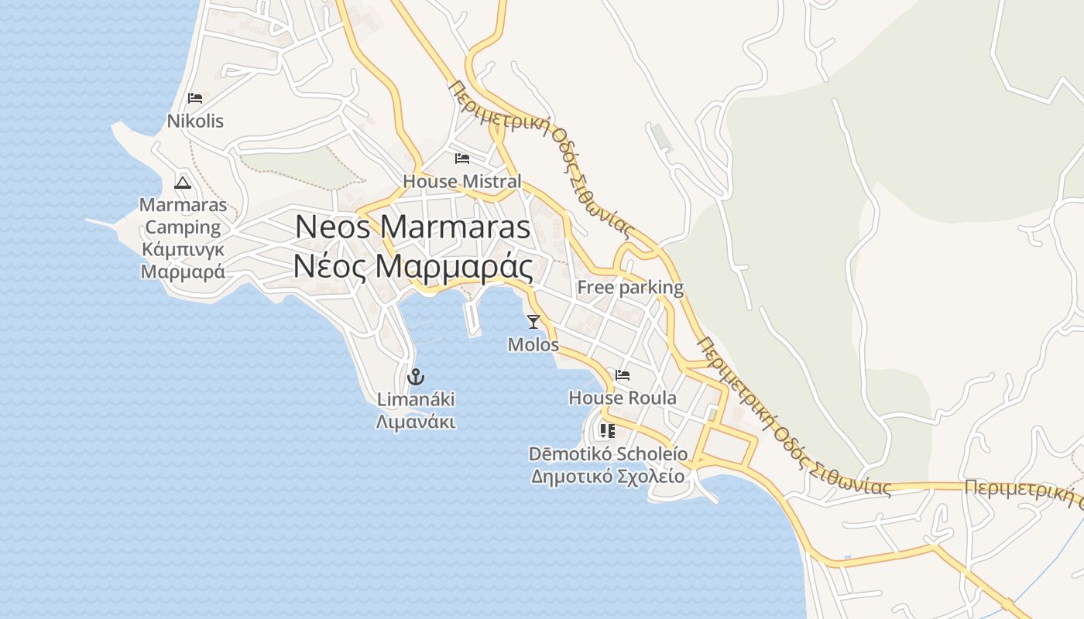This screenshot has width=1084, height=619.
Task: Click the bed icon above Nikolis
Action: [195, 98]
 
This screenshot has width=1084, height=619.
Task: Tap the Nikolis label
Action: [195, 121]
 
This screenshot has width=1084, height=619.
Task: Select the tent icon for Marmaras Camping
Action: [183, 183]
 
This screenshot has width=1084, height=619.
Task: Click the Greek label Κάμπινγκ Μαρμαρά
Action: [184, 261]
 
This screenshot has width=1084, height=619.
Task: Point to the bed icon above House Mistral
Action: [462, 159]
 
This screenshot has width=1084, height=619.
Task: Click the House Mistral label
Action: [462, 182]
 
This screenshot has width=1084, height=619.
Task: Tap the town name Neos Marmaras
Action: [413, 227]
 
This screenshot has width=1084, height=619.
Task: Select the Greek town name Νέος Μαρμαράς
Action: [413, 267]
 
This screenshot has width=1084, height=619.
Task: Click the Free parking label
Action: [630, 288]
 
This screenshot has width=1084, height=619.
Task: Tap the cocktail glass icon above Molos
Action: [533, 322]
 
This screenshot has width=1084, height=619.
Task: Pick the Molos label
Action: [533, 345]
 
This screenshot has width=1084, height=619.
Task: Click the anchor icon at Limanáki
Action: [416, 378]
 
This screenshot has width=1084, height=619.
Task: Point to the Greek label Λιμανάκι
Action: [416, 422]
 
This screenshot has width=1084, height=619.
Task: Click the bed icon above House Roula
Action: [623, 375]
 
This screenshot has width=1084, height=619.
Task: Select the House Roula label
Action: [623, 398]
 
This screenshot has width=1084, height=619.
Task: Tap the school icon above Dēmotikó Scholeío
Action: [607, 431]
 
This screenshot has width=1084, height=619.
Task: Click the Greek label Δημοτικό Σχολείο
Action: [608, 476]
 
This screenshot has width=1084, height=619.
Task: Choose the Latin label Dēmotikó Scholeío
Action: [608, 453]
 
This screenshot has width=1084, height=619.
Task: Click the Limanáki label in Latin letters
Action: [416, 400]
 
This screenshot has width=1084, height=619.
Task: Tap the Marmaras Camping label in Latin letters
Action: [184, 216]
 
